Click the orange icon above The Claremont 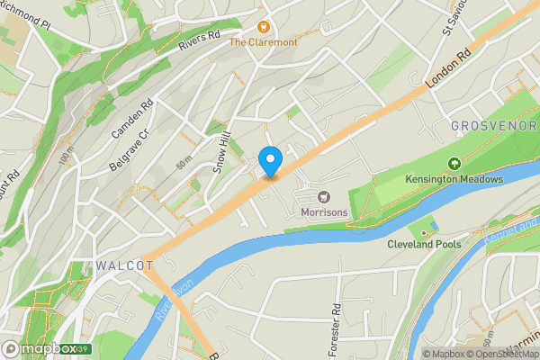tap(264, 28)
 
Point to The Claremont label tap(262, 42)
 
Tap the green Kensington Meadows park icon tap(454, 165)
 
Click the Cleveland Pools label tap(424, 244)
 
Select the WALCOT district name tap(122, 265)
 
